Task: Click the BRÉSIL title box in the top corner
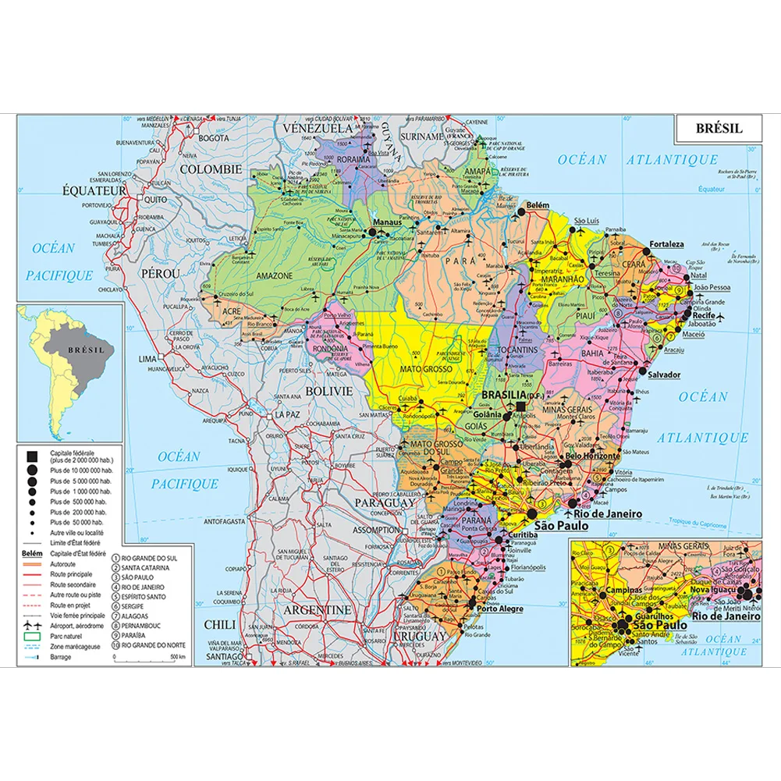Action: pos(718,128)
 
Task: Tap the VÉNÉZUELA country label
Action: pos(318,128)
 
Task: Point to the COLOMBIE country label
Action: pos(210,169)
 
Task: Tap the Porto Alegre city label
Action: pos(499,609)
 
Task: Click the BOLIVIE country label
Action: pos(328,390)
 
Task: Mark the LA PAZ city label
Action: pos(286,415)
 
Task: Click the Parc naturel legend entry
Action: pos(66,637)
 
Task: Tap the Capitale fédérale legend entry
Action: pos(74,454)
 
